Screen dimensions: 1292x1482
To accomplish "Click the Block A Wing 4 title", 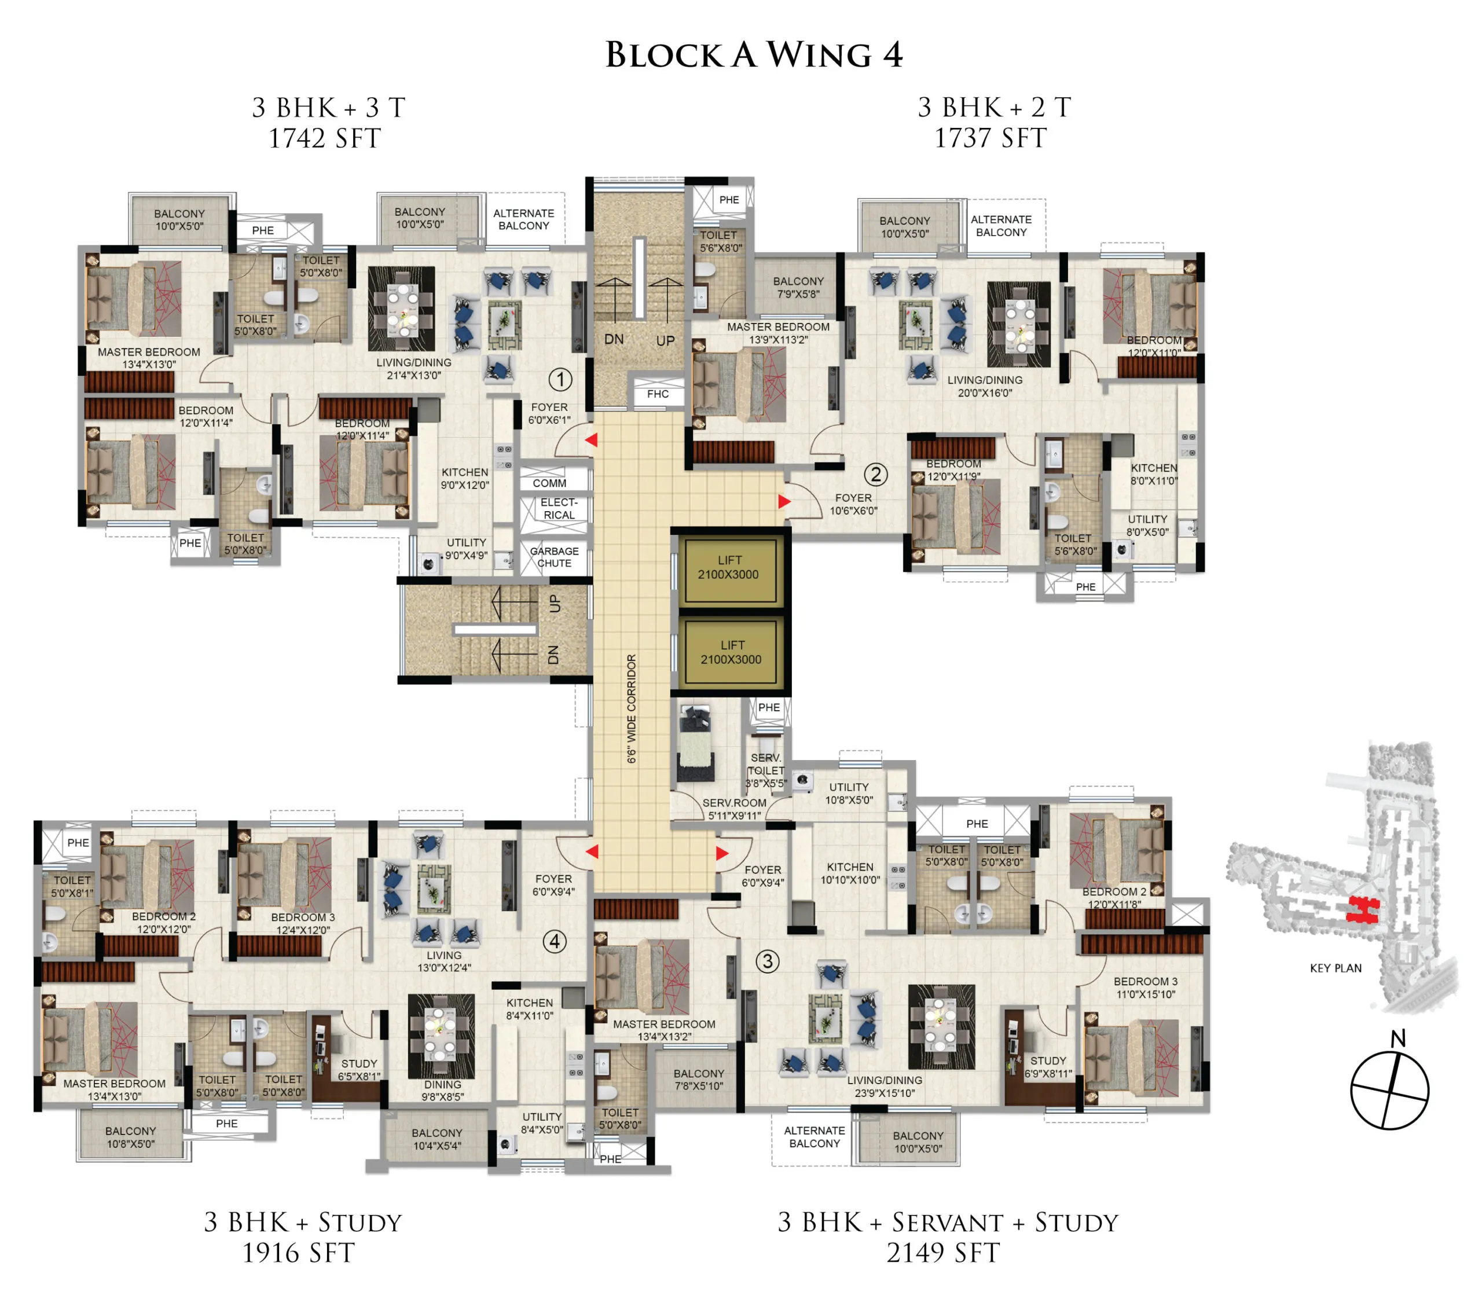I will tap(753, 56).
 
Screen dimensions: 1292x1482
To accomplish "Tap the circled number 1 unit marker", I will tap(560, 379).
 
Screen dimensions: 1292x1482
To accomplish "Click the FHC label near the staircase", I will tap(658, 394).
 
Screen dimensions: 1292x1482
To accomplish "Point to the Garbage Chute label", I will tap(554, 557).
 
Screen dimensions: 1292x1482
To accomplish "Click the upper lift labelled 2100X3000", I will tap(728, 567).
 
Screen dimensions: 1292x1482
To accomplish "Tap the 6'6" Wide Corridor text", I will tap(632, 709).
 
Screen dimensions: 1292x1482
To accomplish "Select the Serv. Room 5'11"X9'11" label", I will tap(734, 809).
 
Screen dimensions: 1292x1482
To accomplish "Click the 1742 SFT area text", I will tap(325, 138).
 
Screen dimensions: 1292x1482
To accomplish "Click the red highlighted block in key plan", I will tap(1362, 911).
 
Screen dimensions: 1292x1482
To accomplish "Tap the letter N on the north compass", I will tap(1398, 1039).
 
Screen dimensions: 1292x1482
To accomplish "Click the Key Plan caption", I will tap(1336, 968).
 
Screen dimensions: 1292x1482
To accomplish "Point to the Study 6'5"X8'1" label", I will tap(359, 1070).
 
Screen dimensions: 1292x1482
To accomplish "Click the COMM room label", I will tap(549, 483).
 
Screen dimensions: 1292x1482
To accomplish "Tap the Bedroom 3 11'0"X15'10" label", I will tap(1145, 988).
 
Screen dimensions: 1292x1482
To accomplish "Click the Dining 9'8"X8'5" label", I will tap(443, 1091).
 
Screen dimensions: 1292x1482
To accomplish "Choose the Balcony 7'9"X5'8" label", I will tap(798, 288).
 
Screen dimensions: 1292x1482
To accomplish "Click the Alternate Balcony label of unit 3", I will tap(814, 1137).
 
